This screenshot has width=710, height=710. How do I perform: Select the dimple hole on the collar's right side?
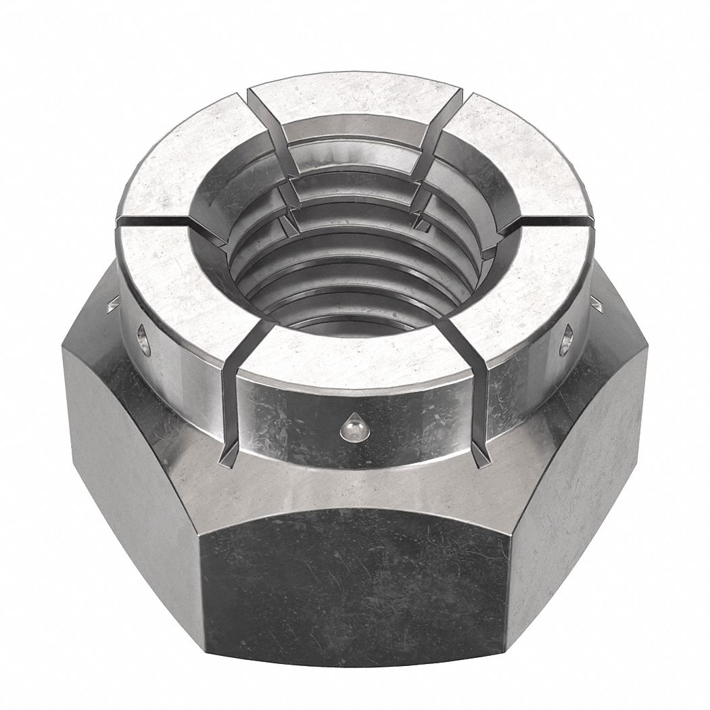[x=567, y=339]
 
